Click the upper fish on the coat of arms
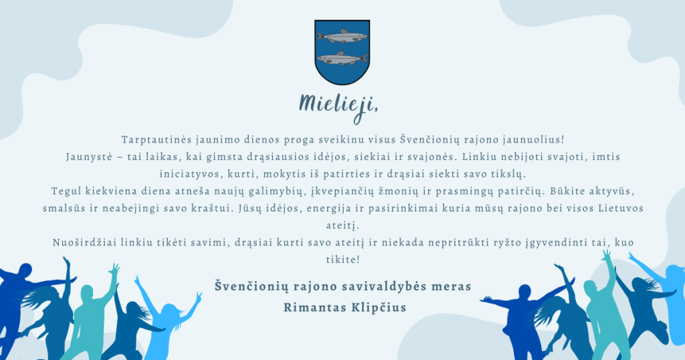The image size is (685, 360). click(x=342, y=37)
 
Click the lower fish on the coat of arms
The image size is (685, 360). click(x=342, y=58)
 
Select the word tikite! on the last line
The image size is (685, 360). click(x=343, y=260)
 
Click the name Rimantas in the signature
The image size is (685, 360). click(x=313, y=308)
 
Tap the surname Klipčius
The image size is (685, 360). click(x=379, y=308)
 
